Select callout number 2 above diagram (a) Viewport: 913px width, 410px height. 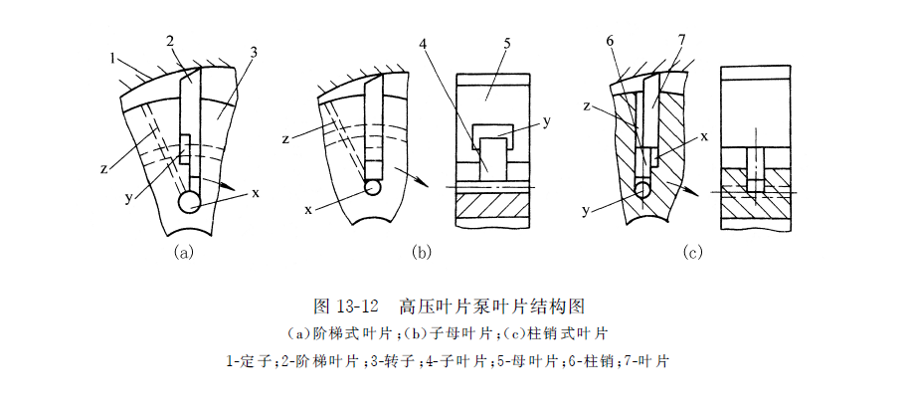[170, 41]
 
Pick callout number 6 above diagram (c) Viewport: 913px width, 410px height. [608, 41]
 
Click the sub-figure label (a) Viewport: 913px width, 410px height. [182, 252]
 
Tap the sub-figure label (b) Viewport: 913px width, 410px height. [421, 252]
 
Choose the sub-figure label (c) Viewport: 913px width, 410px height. [693, 252]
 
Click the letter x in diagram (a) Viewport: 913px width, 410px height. [255, 192]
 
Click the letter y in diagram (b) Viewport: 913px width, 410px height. [547, 121]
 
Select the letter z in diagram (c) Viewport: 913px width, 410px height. [589, 104]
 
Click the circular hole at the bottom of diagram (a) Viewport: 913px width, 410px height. [189, 202]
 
